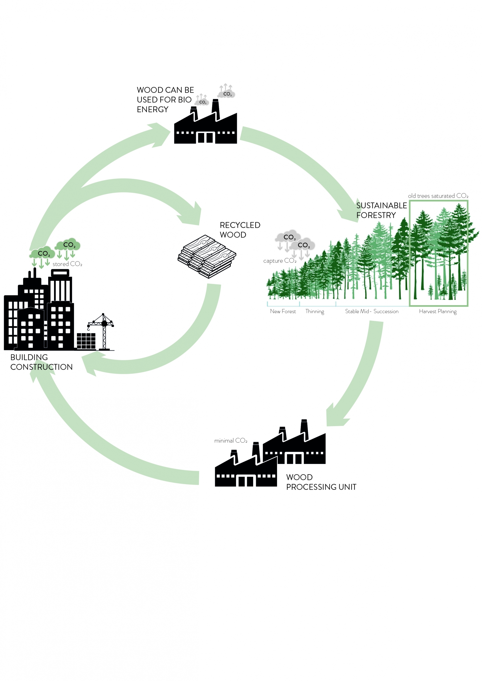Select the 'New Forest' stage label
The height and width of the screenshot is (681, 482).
click(x=283, y=312)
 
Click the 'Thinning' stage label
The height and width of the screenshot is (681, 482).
click(x=315, y=312)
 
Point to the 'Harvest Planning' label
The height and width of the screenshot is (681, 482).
click(x=438, y=312)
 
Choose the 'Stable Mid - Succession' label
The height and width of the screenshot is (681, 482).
click(x=372, y=312)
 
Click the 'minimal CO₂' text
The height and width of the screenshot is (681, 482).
click(x=230, y=441)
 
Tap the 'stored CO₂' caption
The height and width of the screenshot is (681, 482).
click(x=67, y=264)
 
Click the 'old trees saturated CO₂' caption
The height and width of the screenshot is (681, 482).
click(x=438, y=196)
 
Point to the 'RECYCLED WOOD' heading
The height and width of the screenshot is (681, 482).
click(x=240, y=230)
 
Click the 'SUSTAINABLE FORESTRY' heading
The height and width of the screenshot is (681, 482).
click(x=381, y=210)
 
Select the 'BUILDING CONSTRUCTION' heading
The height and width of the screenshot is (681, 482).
click(x=41, y=362)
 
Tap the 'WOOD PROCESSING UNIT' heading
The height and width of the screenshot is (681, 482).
click(x=321, y=482)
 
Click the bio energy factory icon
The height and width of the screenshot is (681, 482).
click(x=205, y=122)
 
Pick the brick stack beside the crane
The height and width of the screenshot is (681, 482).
click(x=86, y=341)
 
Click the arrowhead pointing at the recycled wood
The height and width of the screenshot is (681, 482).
click(x=191, y=214)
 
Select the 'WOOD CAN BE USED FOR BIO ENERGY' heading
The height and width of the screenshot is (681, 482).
click(x=165, y=100)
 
